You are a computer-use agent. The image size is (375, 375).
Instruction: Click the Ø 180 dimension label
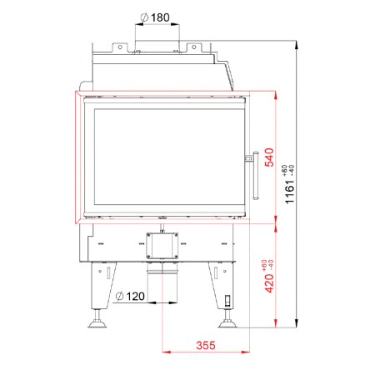(x=155, y=17)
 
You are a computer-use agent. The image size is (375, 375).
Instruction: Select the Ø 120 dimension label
(x=130, y=297)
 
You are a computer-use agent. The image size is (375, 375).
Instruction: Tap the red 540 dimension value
(x=269, y=157)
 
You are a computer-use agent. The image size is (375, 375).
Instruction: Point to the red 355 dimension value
(x=206, y=345)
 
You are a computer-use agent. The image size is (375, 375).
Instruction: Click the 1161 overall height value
(x=289, y=192)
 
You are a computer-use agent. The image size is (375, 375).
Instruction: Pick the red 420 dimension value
(x=269, y=283)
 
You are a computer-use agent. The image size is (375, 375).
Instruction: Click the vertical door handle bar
(x=256, y=176)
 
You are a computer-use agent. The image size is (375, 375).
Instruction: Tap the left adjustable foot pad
(x=97, y=324)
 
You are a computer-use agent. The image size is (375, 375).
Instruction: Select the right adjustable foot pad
(x=227, y=324)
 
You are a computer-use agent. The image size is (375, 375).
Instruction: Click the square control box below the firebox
(x=162, y=246)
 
